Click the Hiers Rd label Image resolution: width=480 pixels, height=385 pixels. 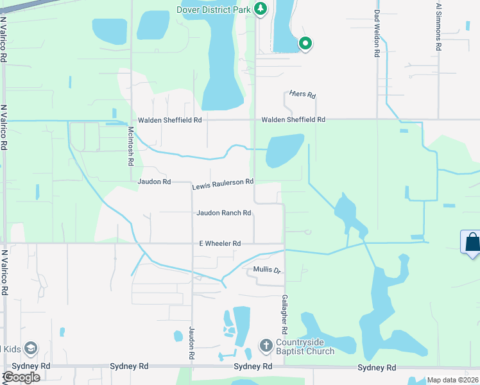pos(303,95)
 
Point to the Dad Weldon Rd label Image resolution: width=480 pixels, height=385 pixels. pos(377,33)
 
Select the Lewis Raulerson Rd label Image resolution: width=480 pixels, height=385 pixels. pos(223,184)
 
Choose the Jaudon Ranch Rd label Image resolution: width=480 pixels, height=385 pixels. pos(223,213)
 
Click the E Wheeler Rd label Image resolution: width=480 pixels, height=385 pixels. pos(219,244)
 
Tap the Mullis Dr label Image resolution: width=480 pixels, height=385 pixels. pos(268,270)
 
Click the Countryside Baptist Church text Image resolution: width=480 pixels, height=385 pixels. pos(305,346)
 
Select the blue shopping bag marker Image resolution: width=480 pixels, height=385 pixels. pos(472,243)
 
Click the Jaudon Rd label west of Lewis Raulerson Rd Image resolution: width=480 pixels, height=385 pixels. pos(154,182)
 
